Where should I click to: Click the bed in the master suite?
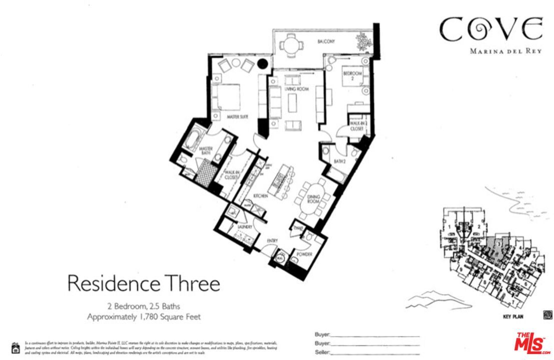point(226,97)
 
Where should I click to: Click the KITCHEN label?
point(260,196)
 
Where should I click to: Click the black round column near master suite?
point(262,63)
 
